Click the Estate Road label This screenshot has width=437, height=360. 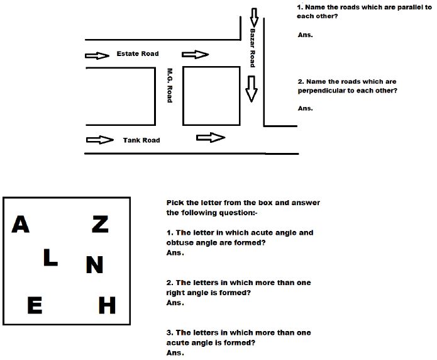pos(138,54)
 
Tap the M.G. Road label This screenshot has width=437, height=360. pos(169,86)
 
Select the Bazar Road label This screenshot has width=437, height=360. pos(252,47)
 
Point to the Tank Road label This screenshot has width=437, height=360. pos(141,140)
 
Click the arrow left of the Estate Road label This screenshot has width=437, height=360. pos(96,55)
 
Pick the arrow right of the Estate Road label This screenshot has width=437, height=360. pos(195,55)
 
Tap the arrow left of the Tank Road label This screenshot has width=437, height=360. pos(99,140)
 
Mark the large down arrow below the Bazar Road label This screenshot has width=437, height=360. pos(252,89)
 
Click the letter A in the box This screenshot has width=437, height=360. pos(21,225)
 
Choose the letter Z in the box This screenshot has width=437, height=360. pos(100,224)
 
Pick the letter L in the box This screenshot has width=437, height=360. pos(50,257)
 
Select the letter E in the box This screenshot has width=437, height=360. pos(35,306)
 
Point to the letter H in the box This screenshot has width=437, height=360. pos(108,306)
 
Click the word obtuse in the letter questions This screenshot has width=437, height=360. pos(180,242)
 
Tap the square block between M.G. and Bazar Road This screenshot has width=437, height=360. pos(211,95)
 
